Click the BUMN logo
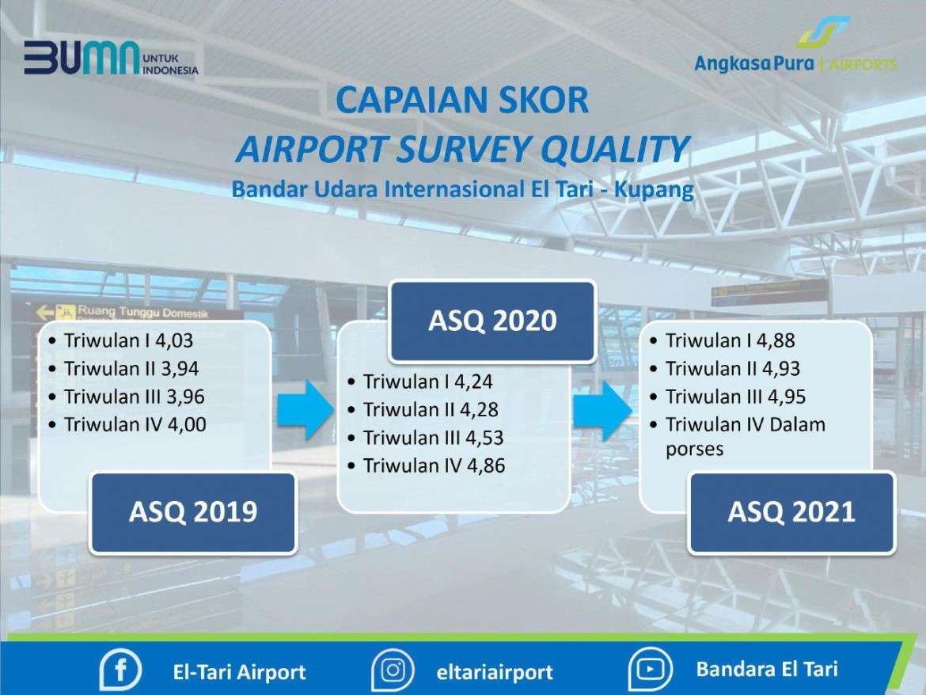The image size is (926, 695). (x=111, y=58)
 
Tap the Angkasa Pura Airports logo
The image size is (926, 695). (x=795, y=45)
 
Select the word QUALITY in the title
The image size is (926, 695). (x=615, y=148)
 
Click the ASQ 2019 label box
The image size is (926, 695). (x=193, y=512)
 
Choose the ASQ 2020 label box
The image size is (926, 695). (x=492, y=321)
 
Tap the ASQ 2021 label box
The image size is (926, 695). (x=791, y=512)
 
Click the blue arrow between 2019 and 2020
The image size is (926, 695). (x=306, y=410)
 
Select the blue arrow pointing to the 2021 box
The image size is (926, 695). (x=603, y=410)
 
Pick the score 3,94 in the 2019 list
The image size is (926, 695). (x=180, y=369)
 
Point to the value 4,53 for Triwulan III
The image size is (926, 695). (x=484, y=439)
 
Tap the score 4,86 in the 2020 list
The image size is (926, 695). (x=486, y=466)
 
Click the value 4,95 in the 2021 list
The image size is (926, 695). (x=787, y=397)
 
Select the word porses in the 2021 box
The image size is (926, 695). (x=694, y=450)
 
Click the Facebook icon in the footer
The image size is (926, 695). (x=120, y=670)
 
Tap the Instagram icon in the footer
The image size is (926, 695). (x=393, y=670)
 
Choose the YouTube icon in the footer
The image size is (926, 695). (x=651, y=669)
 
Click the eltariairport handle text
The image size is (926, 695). (x=495, y=672)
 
